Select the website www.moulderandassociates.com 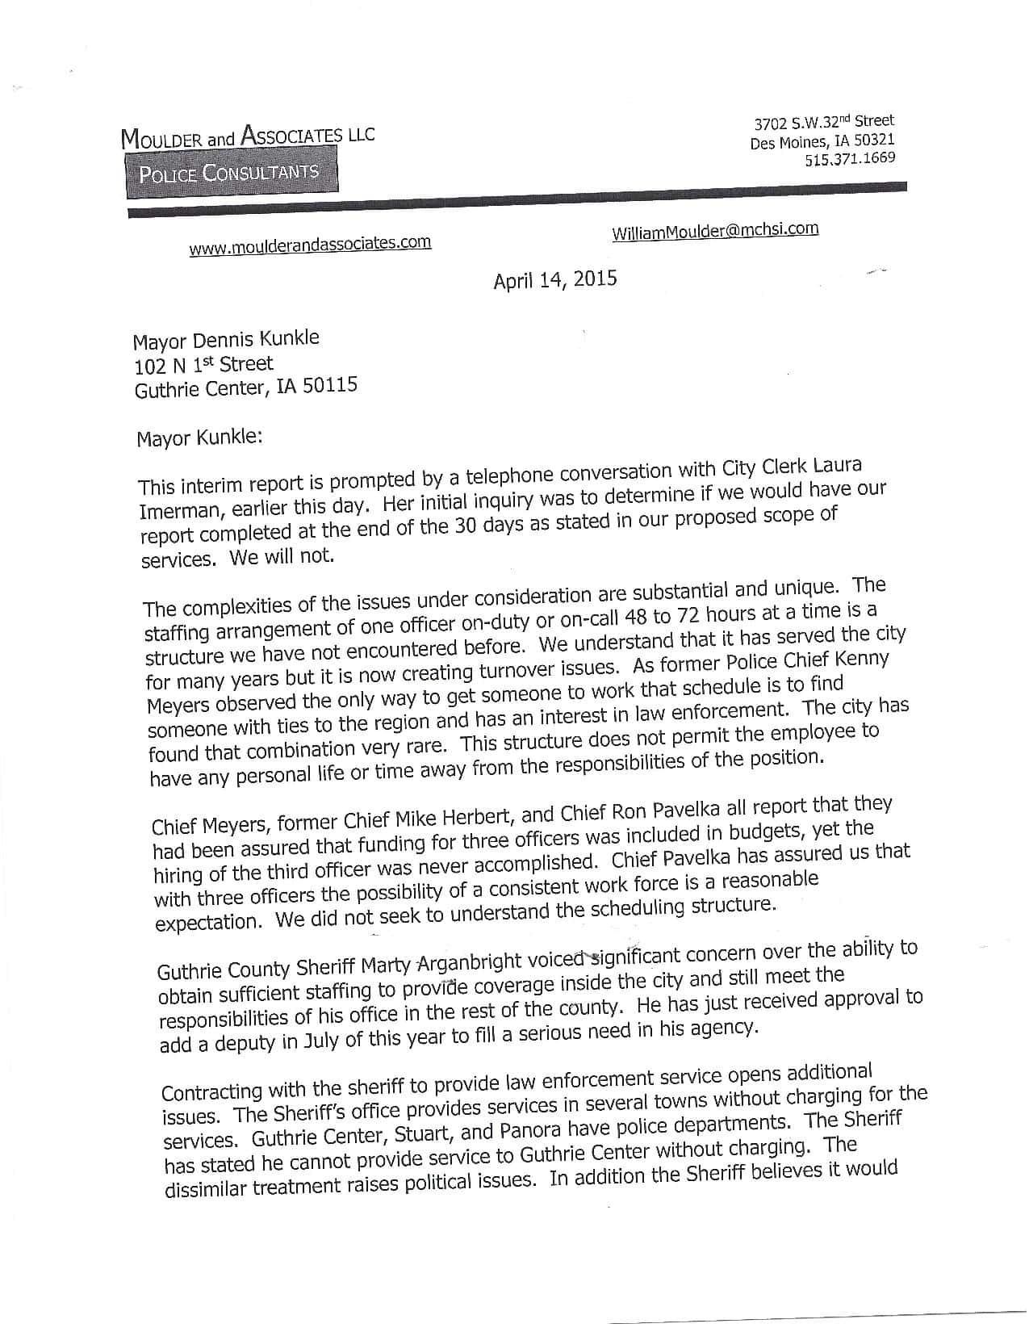coord(310,245)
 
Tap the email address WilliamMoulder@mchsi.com coord(715,231)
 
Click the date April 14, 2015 coord(555,280)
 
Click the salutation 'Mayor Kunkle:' coord(199,438)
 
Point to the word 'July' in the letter coord(322,1041)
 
